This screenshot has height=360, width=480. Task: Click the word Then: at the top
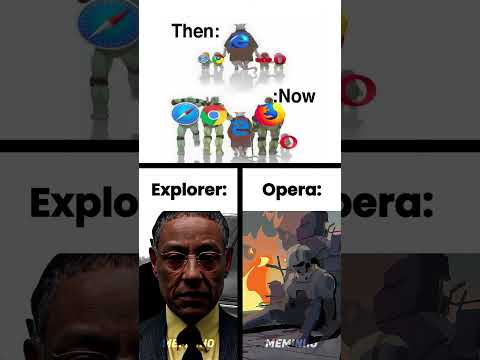pos(196,31)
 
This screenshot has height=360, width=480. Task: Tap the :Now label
pos(295,96)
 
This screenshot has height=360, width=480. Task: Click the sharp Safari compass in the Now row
pos(186,114)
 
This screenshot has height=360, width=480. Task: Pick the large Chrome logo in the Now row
pos(212,115)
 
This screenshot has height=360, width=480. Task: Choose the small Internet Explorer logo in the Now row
pos(240,128)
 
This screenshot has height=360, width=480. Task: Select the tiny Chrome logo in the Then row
pos(217,60)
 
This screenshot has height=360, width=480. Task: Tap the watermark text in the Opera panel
pos(291,343)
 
